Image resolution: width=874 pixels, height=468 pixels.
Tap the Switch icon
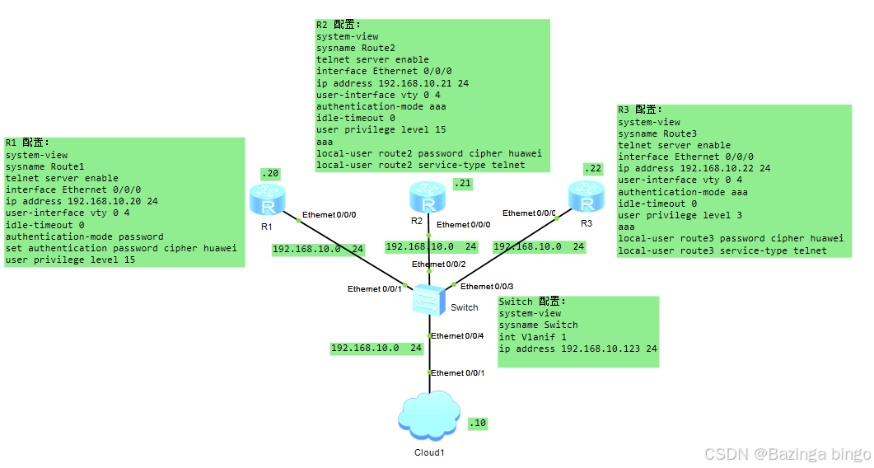[x=430, y=298]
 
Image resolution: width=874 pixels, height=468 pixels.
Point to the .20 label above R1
[x=270, y=173]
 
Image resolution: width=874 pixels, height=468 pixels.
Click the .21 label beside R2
[x=463, y=184]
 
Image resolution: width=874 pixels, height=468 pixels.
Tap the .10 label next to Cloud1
[x=478, y=423]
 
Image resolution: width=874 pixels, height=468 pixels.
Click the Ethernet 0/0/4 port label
[x=457, y=335]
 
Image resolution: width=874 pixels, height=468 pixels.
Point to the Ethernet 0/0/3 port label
[x=487, y=286]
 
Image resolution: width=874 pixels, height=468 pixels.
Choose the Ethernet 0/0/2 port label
[x=439, y=264]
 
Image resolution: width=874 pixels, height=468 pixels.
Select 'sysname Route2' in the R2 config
[x=350, y=48]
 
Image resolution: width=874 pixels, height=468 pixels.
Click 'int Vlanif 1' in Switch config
[x=532, y=337]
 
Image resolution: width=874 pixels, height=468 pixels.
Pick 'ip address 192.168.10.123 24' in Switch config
[x=577, y=349]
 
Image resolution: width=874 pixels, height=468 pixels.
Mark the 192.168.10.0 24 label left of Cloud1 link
[x=376, y=348]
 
